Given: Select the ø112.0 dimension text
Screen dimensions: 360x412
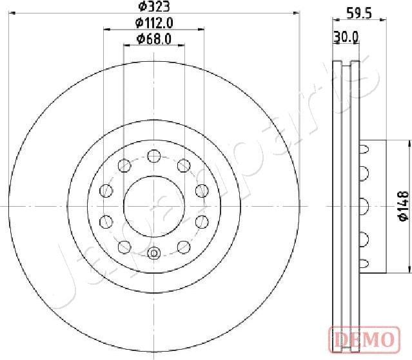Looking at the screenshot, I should tap(154, 23).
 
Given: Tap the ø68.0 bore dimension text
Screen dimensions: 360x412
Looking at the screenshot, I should tap(154, 39).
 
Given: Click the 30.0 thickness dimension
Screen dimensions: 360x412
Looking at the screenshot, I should tap(346, 37).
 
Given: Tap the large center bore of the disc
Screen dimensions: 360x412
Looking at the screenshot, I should tap(153, 205).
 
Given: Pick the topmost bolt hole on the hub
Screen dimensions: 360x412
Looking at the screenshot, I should tap(153, 155).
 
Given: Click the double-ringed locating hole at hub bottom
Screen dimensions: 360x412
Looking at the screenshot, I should tap(153, 253).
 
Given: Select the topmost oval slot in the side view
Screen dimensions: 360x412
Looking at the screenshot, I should tap(364, 149).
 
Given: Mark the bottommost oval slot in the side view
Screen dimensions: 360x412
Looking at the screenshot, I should tap(364, 263).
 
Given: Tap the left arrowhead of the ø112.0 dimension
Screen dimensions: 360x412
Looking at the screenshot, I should tap(106, 29).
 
